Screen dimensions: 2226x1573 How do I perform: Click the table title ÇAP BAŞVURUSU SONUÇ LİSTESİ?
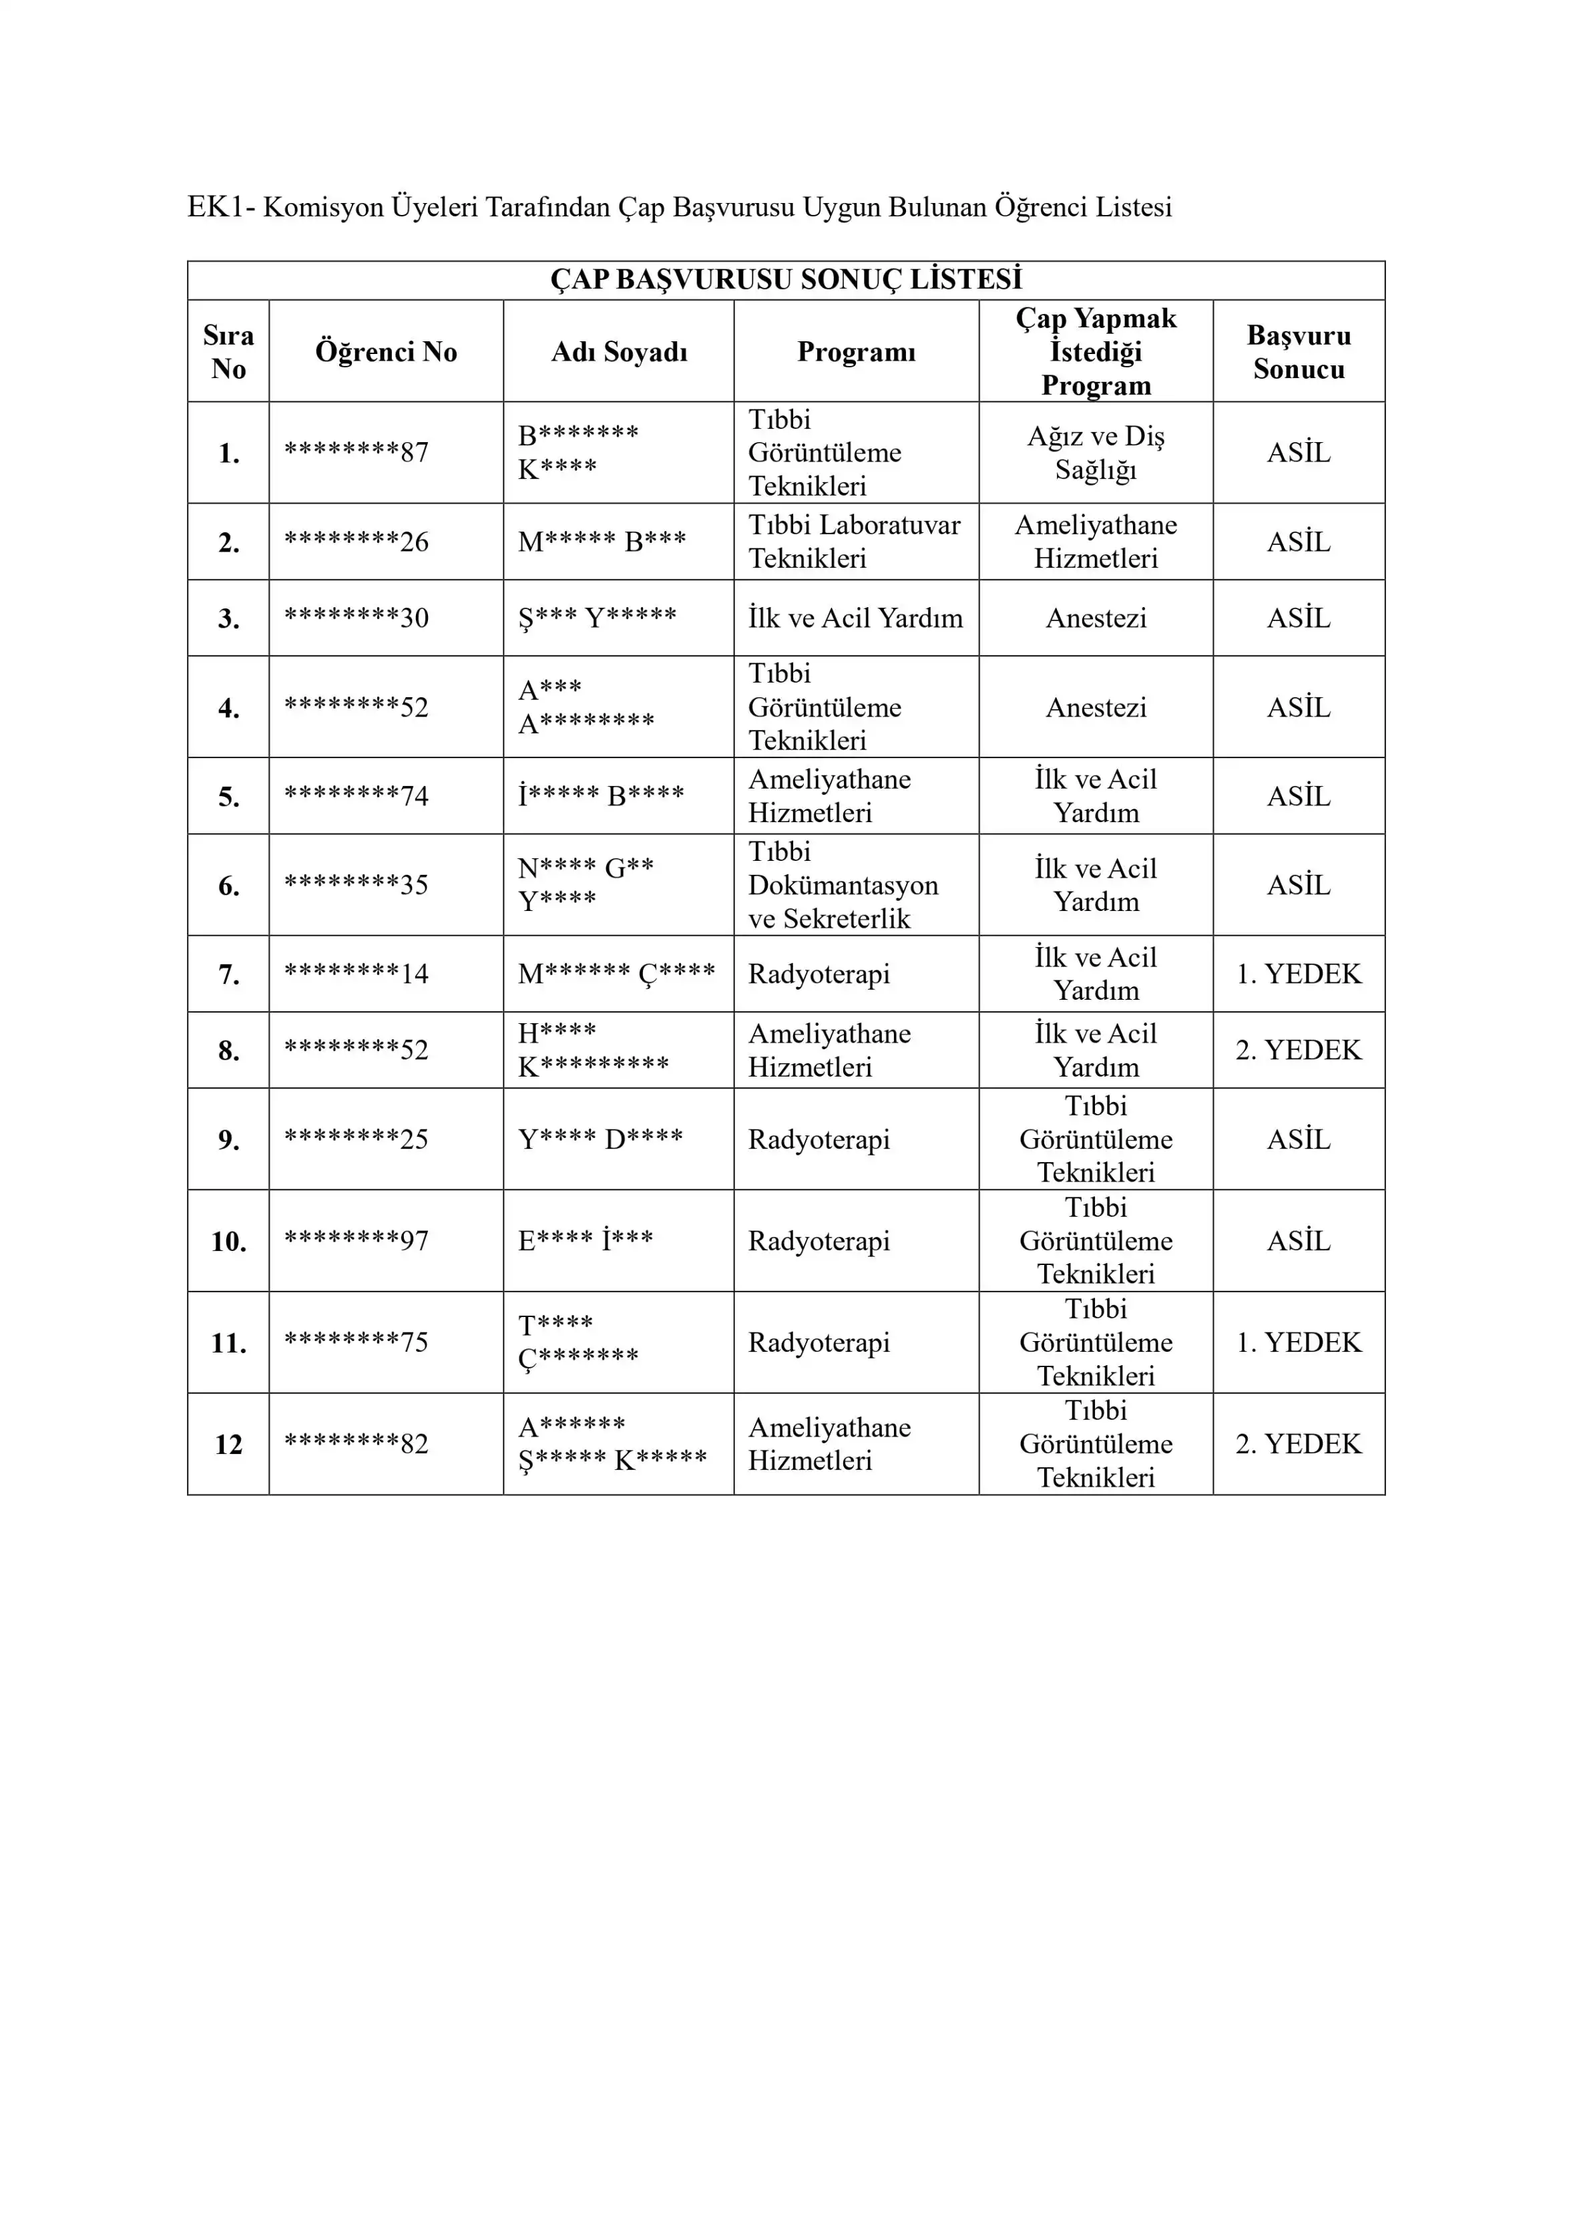point(785,279)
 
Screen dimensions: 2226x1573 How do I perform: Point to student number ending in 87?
point(356,451)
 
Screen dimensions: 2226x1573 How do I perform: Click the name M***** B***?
point(601,541)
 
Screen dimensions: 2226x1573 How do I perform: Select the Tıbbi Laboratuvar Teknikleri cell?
point(854,541)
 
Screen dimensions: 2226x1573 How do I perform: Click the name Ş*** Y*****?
point(597,618)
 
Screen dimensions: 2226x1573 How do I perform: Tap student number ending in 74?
point(356,796)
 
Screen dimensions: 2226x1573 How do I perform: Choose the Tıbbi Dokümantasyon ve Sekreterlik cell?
point(842,884)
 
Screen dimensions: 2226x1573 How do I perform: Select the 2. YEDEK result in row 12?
point(1298,1444)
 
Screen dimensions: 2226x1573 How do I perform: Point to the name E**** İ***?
point(586,1240)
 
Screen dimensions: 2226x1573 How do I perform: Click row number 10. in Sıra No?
point(229,1241)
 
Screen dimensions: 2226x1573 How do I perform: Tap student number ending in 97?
point(356,1240)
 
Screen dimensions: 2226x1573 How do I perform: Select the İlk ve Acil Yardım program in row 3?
point(855,618)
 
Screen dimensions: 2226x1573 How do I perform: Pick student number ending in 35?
point(356,884)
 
